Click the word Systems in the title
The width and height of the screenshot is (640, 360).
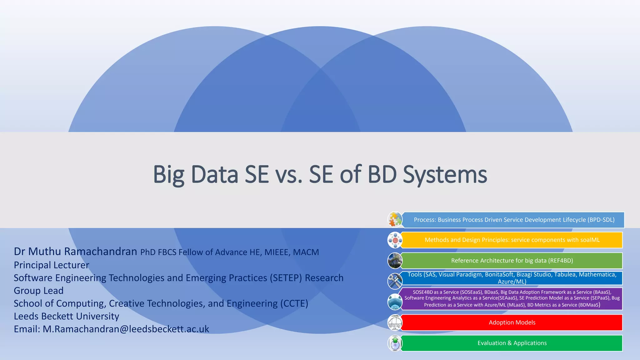[x=445, y=174]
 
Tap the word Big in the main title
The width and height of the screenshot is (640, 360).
[x=168, y=174]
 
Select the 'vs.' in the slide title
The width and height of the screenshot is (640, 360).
[x=289, y=174]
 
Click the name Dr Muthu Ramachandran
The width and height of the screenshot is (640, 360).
[x=75, y=251]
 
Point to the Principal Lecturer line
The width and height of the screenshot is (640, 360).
[x=52, y=265]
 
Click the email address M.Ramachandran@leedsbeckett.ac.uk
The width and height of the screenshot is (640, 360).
[x=126, y=329]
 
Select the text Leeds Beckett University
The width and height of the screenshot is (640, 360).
[x=67, y=316]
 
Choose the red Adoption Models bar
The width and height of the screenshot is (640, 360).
[x=512, y=322]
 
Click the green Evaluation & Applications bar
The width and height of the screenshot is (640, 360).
[x=512, y=343]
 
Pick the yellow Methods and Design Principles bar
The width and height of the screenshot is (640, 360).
[x=512, y=240]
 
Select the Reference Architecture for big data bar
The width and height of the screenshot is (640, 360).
[x=512, y=261]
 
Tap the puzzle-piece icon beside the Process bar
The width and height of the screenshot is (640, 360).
[x=395, y=219]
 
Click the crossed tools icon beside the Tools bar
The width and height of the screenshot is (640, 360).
[x=395, y=281]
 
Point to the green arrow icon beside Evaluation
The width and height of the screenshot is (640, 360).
[x=395, y=343]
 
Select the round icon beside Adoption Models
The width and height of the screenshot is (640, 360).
[x=395, y=322]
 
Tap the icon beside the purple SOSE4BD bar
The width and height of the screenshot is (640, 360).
[x=395, y=302]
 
